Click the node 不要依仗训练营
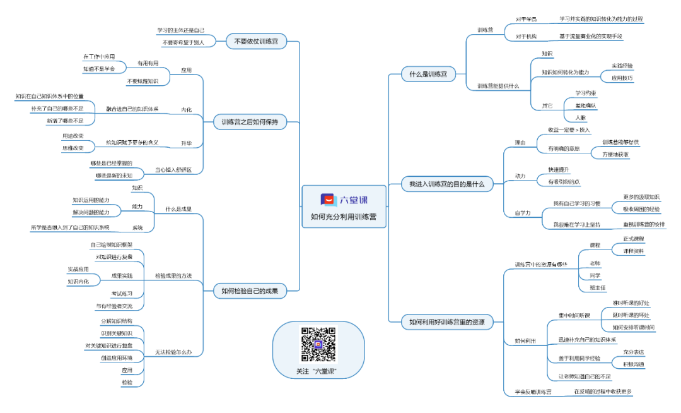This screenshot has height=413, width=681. (x=256, y=42)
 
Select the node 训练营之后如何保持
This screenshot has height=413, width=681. (x=250, y=122)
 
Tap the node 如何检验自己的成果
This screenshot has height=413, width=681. (x=250, y=291)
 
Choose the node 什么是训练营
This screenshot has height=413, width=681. (x=428, y=74)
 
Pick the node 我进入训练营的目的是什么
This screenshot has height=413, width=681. (x=446, y=184)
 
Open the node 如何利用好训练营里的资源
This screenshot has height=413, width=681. (x=447, y=322)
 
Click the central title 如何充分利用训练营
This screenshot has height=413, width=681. (x=344, y=217)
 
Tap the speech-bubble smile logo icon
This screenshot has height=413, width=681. (x=328, y=200)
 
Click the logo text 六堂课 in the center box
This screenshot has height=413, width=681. (x=354, y=200)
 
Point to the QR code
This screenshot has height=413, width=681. (x=318, y=344)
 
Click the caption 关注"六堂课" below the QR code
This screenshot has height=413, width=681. (x=318, y=371)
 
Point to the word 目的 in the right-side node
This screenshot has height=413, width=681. (x=458, y=184)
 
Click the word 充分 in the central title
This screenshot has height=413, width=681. (x=333, y=217)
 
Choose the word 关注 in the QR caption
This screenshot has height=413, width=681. (x=303, y=371)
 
